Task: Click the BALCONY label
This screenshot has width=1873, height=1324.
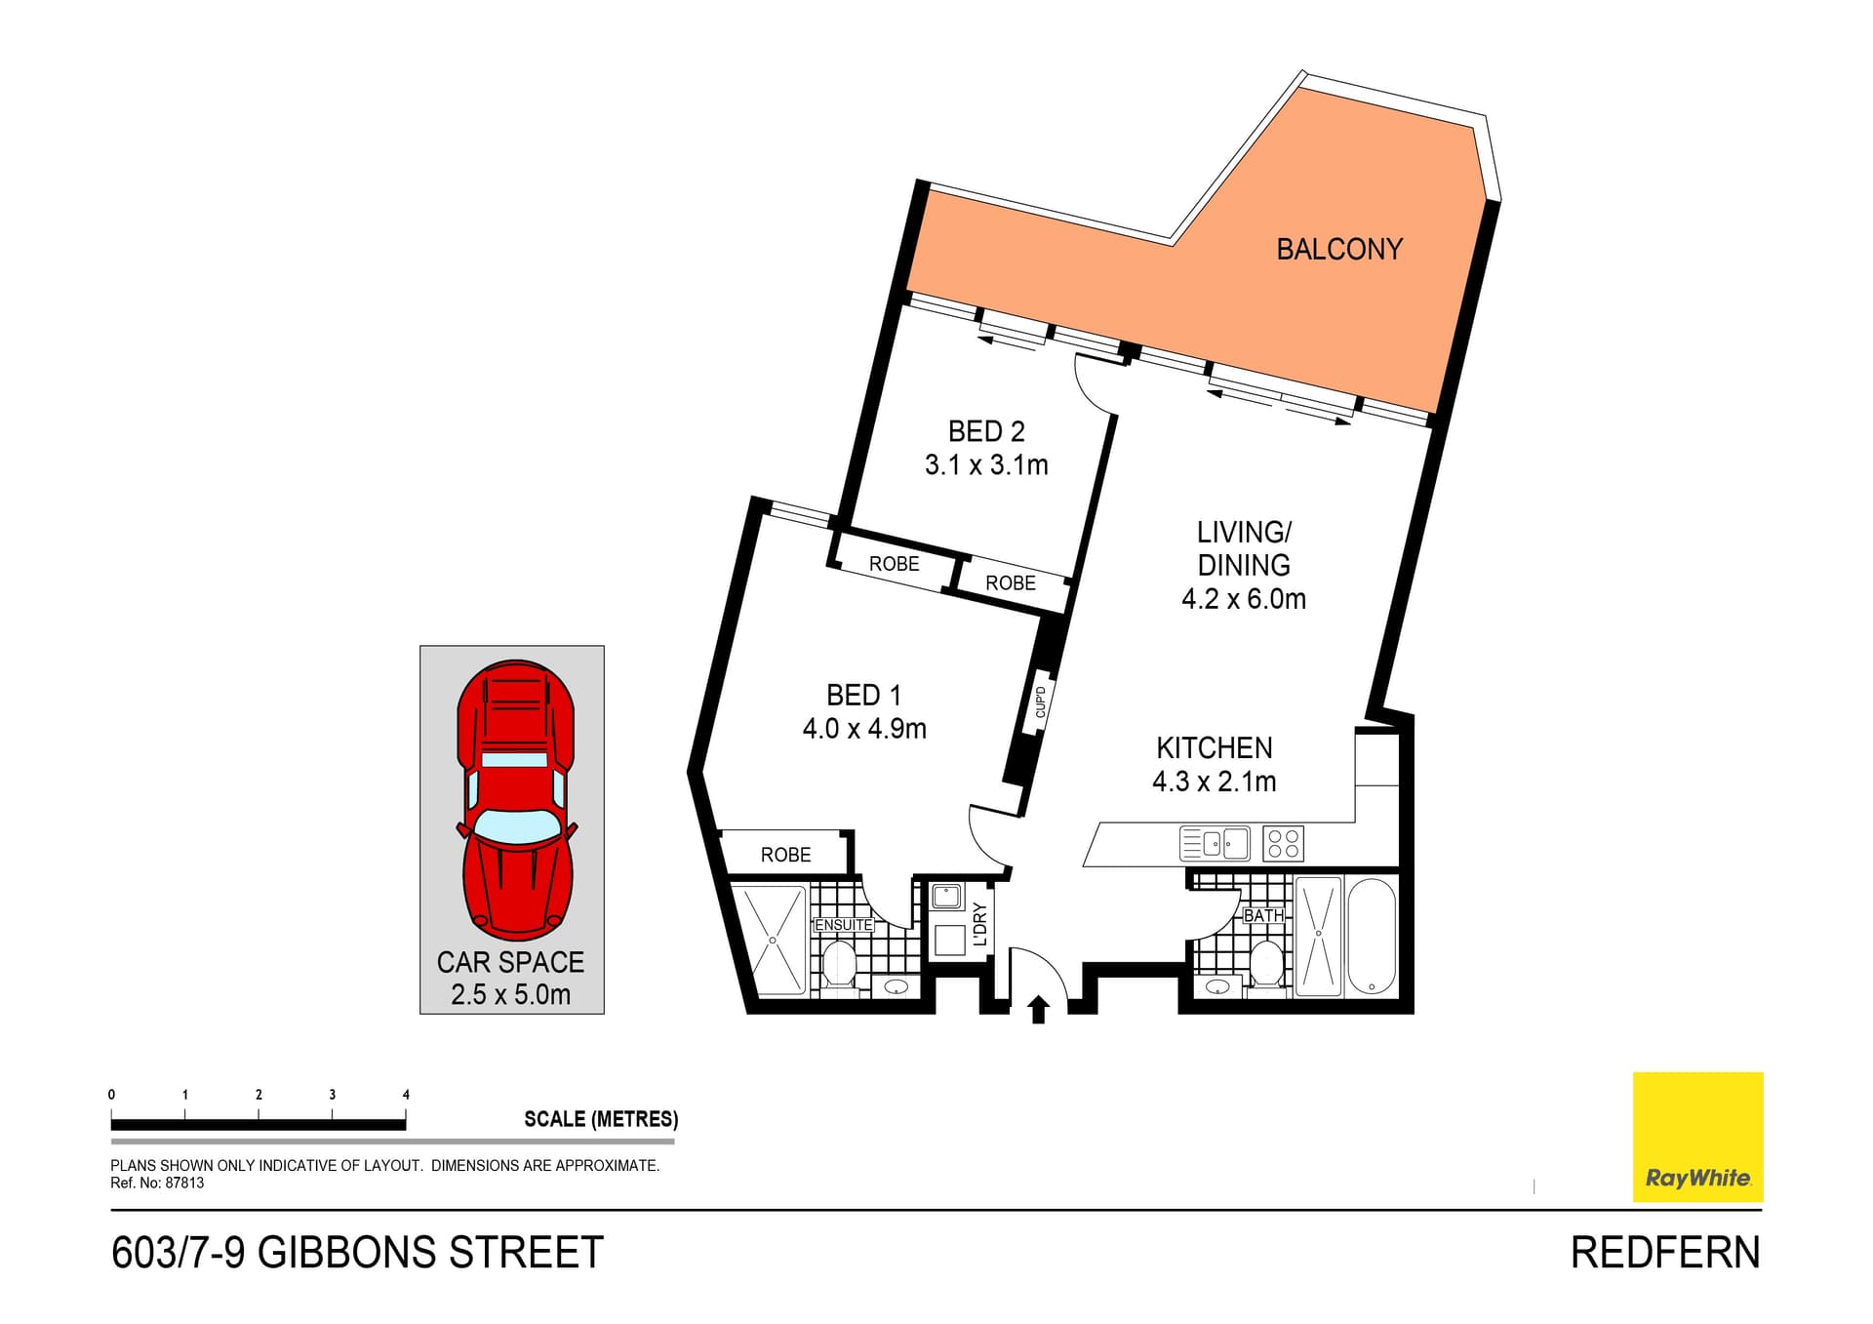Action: coord(1338,250)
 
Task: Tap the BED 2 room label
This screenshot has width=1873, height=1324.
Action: coord(986,431)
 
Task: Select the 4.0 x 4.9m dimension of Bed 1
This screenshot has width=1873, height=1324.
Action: coord(863,729)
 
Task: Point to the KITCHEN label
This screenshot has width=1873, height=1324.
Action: coord(1214,748)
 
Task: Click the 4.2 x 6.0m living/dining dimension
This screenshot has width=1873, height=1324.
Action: coord(1243,599)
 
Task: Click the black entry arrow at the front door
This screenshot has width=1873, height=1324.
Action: coord(1038,1009)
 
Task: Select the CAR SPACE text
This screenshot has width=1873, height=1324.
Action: coord(510,962)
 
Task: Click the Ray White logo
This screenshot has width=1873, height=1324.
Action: coord(1697,1137)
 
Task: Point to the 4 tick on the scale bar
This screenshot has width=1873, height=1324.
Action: coord(406,1096)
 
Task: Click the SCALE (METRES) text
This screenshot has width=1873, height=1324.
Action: coord(600,1119)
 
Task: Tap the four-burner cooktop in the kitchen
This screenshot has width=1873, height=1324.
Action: coord(1283,844)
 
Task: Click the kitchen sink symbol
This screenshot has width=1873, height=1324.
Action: coord(1215,843)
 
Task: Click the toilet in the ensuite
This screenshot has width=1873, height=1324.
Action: coord(839,964)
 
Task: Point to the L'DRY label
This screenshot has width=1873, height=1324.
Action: coord(980,924)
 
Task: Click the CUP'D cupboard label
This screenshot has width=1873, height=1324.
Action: coord(1040,702)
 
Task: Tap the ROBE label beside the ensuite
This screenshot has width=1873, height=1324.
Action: coord(785,856)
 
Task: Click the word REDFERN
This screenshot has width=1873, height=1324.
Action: coord(1664,1253)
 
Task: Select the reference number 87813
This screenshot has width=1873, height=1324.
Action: coord(184,1184)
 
